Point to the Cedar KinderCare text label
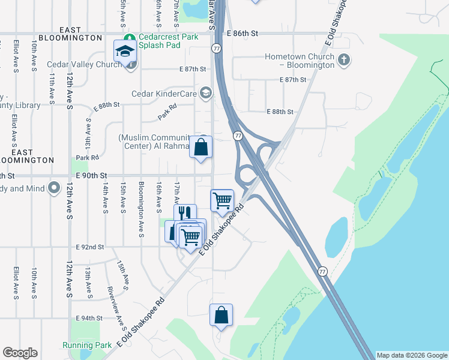click(165, 93)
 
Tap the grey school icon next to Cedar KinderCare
click(206, 92)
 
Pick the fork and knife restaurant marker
click(185, 214)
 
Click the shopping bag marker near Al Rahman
click(201, 147)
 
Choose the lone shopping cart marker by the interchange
click(222, 200)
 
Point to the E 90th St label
click(91, 176)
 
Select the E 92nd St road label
click(90, 247)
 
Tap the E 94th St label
click(90, 318)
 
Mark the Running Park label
click(87, 345)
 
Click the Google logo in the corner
click(20, 353)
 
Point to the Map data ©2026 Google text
click(411, 355)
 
